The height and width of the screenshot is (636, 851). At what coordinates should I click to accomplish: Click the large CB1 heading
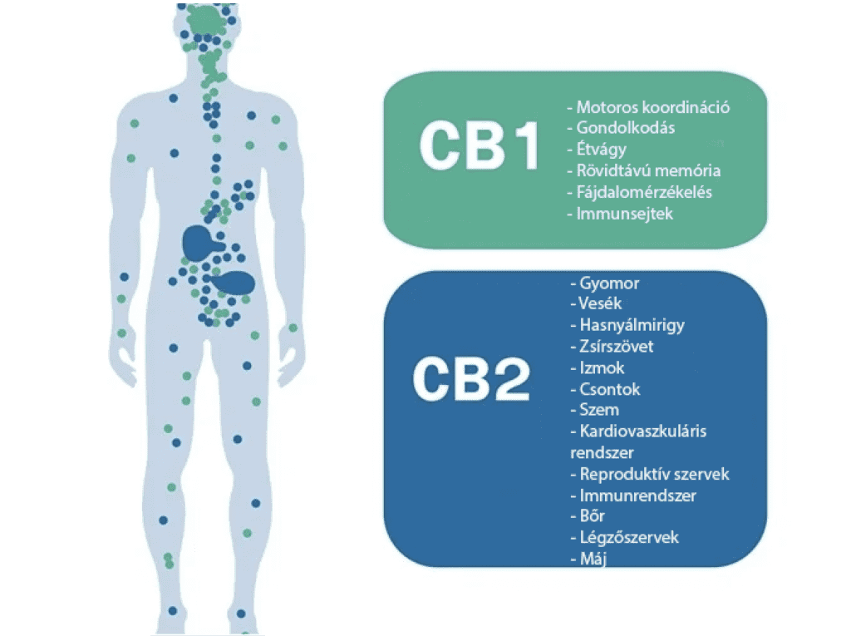tap(480, 145)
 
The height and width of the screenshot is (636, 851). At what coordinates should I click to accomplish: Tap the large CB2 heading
tap(471, 379)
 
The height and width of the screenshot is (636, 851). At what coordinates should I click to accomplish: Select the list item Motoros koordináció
tap(648, 107)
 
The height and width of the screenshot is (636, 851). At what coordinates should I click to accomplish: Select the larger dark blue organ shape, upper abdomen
tap(201, 243)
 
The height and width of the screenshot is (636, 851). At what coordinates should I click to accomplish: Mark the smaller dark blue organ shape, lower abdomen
tap(234, 283)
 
